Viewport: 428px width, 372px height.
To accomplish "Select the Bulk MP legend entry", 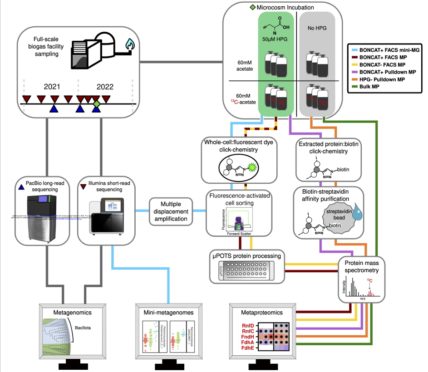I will [372, 86].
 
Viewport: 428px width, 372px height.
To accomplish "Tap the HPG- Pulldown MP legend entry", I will [385, 79].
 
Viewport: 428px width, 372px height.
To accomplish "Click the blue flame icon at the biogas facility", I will [130, 44].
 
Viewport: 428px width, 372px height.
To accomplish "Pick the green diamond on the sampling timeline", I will [96, 105].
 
